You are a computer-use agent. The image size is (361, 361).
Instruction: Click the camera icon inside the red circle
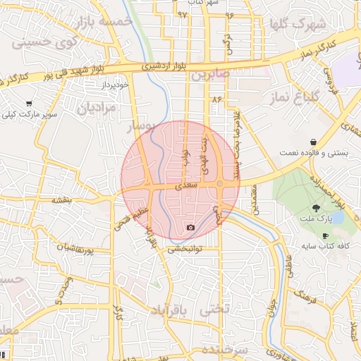190,227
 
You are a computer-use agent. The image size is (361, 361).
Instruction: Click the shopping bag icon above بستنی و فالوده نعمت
312,142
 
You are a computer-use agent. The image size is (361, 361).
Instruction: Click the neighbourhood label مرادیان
95,109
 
